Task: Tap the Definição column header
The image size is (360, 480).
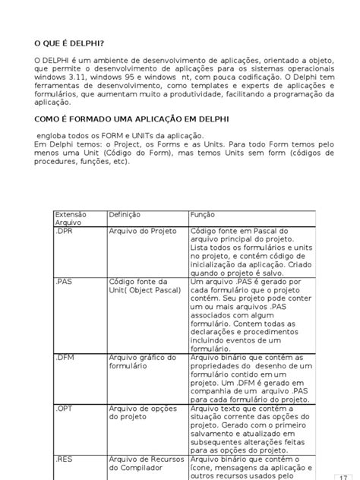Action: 125,215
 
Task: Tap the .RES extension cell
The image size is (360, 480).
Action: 65,460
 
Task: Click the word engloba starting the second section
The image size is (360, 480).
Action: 54,134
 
